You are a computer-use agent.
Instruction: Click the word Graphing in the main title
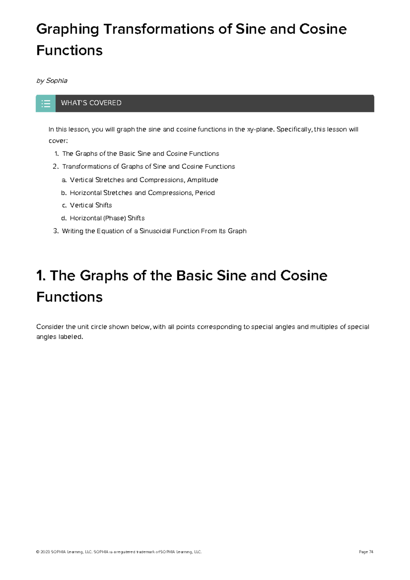tap(67, 29)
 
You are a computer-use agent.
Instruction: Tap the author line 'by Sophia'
tap(52, 81)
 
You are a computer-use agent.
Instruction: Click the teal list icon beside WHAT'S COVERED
tap(46, 103)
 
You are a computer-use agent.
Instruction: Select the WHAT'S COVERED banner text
tap(91, 103)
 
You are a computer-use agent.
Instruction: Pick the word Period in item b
tap(205, 193)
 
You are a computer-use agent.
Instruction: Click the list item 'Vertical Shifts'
tap(91, 205)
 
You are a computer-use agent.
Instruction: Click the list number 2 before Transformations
tap(55, 167)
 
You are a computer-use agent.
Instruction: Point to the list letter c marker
tap(64, 206)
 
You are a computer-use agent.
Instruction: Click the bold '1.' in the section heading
tap(41, 276)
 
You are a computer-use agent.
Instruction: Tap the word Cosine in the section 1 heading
tap(304, 276)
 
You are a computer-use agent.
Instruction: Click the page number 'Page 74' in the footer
tap(366, 552)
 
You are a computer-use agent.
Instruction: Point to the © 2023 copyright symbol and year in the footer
tap(43, 552)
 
